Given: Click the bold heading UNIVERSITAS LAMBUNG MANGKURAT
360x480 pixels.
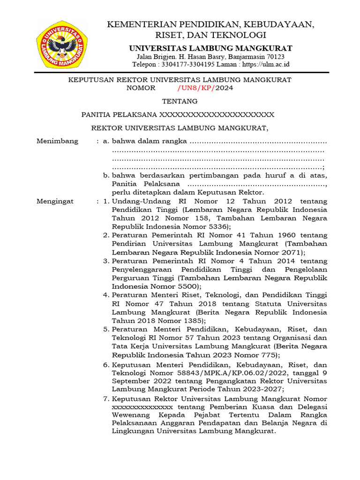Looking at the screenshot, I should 210,48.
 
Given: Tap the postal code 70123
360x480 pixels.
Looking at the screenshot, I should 280,56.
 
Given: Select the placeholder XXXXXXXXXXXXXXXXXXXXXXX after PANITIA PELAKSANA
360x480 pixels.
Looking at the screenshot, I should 217,114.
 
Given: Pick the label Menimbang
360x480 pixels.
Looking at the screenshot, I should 58,141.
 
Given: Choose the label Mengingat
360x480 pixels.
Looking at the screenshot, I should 55,201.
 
